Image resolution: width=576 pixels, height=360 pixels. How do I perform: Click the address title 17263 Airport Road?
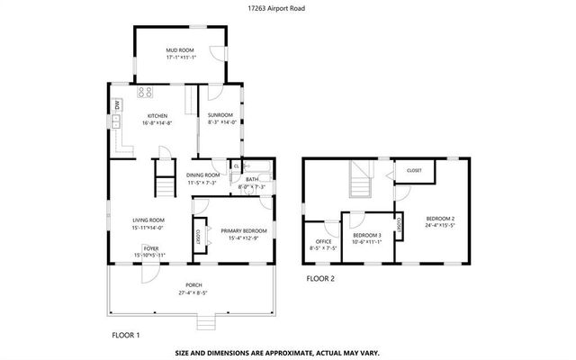(x=287, y=8)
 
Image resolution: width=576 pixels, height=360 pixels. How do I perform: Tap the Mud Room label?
(x=180, y=50)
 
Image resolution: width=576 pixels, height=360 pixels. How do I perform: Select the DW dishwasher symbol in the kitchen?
(x=118, y=107)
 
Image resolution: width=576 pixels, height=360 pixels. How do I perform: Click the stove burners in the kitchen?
(x=145, y=92)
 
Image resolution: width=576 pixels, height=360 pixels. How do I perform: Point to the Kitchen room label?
(x=158, y=116)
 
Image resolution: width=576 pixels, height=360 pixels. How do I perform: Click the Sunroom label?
(x=220, y=115)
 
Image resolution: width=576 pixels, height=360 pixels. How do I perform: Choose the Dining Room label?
(x=203, y=175)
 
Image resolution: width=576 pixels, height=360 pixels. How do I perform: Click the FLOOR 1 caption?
(x=125, y=335)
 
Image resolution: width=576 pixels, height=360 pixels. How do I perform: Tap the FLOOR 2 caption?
(x=319, y=279)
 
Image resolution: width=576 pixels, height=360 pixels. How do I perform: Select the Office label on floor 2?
(x=323, y=241)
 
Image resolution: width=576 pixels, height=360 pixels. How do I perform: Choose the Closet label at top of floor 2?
(x=414, y=170)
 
